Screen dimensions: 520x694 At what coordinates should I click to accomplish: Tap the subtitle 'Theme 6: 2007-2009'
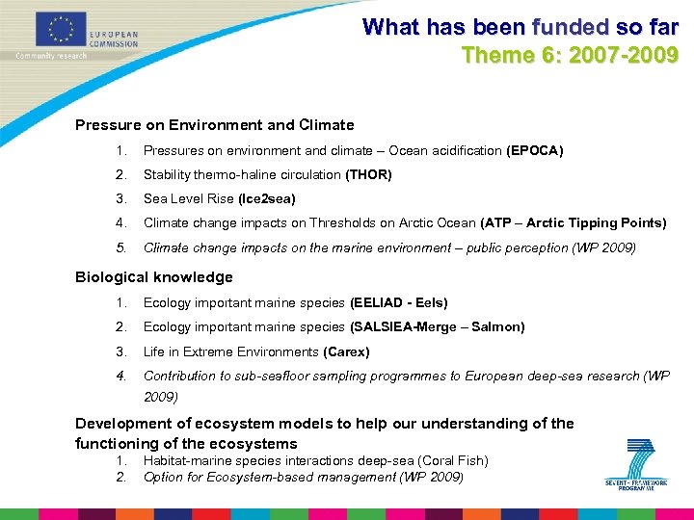tap(570, 55)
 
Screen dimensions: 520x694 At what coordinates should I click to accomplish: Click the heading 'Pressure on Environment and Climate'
tap(214, 125)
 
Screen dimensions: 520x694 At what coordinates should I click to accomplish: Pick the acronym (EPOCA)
tap(534, 151)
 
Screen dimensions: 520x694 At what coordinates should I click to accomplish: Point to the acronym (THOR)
tap(368, 175)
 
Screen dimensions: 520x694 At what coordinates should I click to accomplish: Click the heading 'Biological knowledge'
tap(154, 277)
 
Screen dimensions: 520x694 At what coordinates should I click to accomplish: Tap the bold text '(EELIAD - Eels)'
tap(398, 303)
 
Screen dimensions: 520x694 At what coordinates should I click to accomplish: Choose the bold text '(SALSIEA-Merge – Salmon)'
tap(437, 327)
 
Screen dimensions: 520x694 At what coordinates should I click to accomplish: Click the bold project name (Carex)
tap(346, 352)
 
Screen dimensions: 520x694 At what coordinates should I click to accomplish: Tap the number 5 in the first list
tap(120, 247)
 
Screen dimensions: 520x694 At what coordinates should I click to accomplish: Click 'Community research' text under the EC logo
tap(51, 56)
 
